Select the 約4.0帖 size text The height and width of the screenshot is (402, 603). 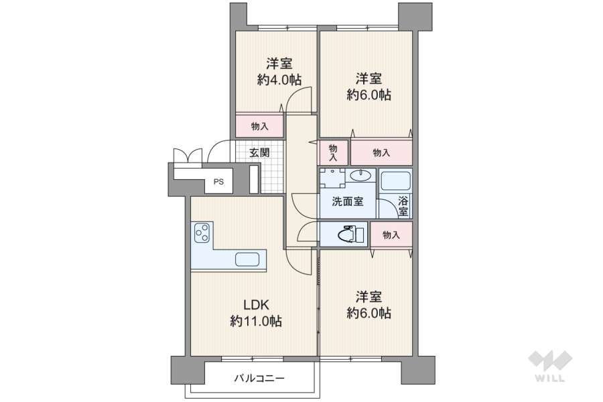click(x=279, y=80)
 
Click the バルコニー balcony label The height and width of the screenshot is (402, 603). click(x=259, y=379)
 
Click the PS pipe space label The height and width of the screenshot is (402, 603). click(x=218, y=181)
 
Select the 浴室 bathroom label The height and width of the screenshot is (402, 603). click(x=403, y=206)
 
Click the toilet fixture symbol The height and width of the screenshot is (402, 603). click(x=348, y=235)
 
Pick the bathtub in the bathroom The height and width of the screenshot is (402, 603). click(x=395, y=181)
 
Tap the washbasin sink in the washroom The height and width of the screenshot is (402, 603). click(x=360, y=176)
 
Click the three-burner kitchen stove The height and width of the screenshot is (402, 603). click(x=202, y=233)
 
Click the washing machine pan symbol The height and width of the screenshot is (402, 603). click(x=332, y=177)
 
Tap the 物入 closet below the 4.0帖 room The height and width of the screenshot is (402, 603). click(x=259, y=126)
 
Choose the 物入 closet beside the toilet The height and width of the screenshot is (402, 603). click(x=391, y=235)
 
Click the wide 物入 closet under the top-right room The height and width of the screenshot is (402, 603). click(x=381, y=153)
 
